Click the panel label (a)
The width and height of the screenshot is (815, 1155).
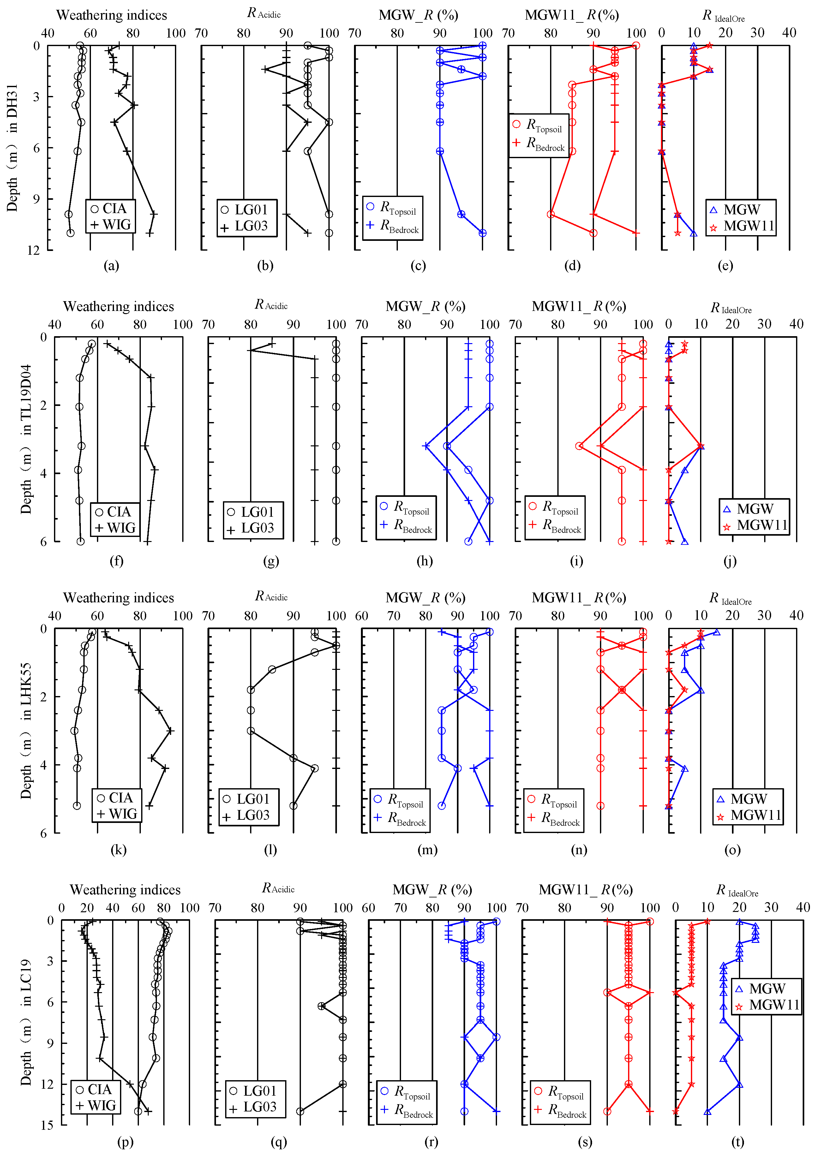pyautogui.click(x=111, y=265)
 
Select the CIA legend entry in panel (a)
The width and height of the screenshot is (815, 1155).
pyautogui.click(x=109, y=209)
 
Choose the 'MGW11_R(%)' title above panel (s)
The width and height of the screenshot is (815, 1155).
pyautogui.click(x=585, y=890)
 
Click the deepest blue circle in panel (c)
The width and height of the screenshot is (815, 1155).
pyautogui.click(x=482, y=233)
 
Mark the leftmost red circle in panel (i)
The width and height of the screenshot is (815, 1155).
pyautogui.click(x=579, y=446)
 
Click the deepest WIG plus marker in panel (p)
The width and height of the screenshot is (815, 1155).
pyautogui.click(x=148, y=1111)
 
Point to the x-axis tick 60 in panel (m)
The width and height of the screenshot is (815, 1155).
pyautogui.click(x=362, y=616)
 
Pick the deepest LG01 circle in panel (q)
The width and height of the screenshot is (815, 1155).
pyautogui.click(x=300, y=1111)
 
